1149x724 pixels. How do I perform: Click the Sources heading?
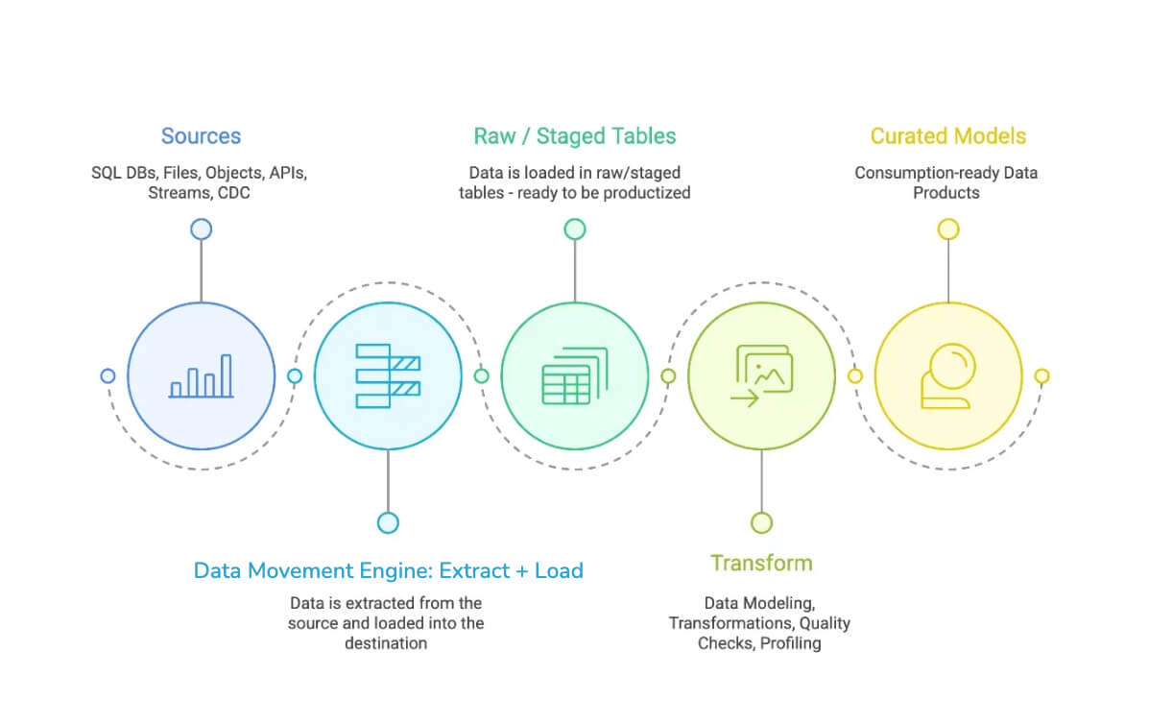(x=201, y=136)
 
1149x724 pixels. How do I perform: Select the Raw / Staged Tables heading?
(x=574, y=136)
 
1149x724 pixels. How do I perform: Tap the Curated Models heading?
(x=947, y=136)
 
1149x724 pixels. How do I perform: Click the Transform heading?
(x=761, y=563)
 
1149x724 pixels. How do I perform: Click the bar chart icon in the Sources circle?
(x=202, y=376)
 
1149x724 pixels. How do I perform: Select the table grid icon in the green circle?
(x=575, y=376)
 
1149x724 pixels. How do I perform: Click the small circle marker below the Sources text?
(x=201, y=229)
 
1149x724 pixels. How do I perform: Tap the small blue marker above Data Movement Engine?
(x=388, y=522)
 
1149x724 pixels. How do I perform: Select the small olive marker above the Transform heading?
(x=761, y=522)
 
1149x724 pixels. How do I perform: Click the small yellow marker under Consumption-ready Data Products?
(x=948, y=229)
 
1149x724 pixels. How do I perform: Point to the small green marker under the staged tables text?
(x=574, y=229)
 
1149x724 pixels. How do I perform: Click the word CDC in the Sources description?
(x=235, y=192)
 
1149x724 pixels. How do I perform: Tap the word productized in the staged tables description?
(x=647, y=192)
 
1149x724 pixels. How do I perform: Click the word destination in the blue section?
(x=386, y=642)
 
